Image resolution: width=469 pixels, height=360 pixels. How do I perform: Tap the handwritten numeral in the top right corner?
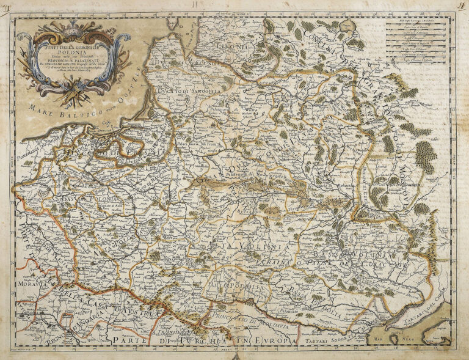(x=460, y=7)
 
